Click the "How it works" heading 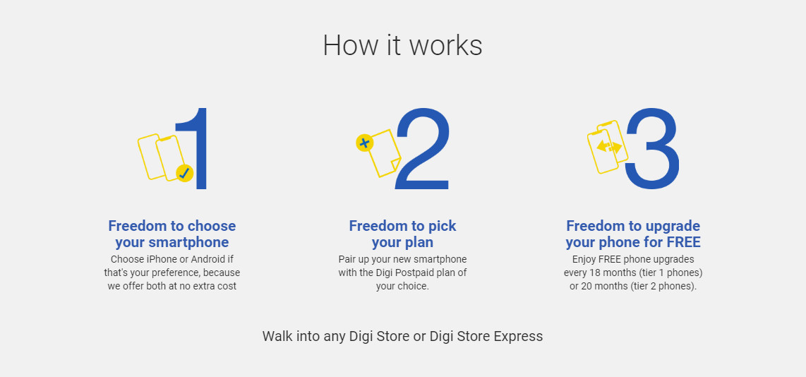coord(402,45)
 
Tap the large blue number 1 coord(198,148)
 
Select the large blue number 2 coord(422,148)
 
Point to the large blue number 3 coord(652,148)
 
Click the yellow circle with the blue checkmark coord(184,174)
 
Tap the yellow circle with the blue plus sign coord(364,143)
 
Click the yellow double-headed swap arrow coord(609,148)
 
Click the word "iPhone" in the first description coord(160,259)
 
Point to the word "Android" coord(205,259)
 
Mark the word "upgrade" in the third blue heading coord(674,227)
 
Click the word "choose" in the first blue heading coord(211,226)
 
